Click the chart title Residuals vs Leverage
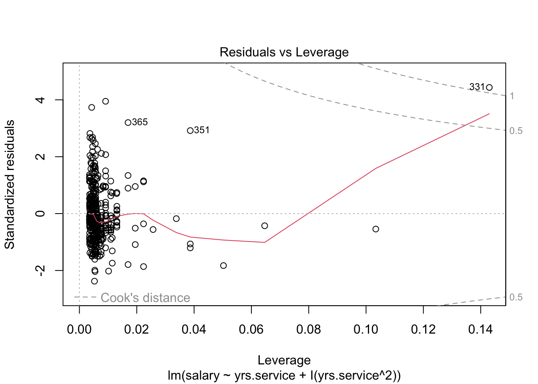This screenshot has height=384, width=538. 284,52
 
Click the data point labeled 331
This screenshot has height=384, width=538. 489,88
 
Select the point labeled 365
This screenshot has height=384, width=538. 128,122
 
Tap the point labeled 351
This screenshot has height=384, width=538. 190,130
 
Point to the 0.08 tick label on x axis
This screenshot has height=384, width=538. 308,330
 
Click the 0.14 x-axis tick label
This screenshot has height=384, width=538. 480,330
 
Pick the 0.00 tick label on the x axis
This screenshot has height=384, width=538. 79,330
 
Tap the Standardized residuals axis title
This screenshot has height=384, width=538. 10,184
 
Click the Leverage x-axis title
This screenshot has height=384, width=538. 284,360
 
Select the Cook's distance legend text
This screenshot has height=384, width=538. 145,298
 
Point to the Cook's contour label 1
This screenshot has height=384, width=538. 512,96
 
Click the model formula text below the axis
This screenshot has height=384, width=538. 284,376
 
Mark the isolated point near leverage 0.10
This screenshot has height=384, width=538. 375,229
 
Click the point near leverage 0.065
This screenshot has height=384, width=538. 265,226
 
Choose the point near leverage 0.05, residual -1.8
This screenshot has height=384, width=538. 223,266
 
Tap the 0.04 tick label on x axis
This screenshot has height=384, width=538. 194,330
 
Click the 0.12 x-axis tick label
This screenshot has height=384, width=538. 423,330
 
